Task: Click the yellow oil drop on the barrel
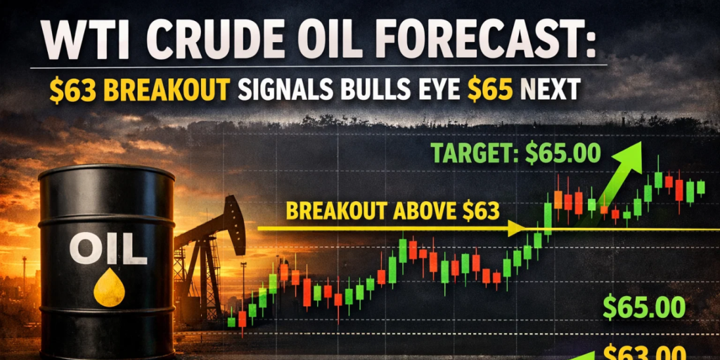tap(109, 290)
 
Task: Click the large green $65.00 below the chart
tap(643, 307)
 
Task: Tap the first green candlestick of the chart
tap(231, 321)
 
